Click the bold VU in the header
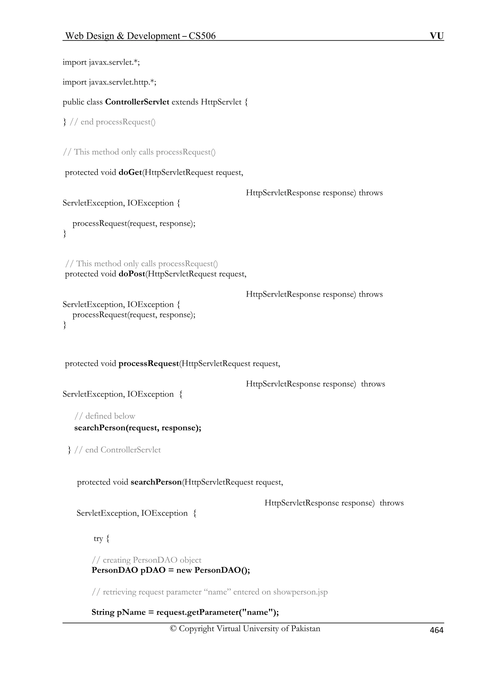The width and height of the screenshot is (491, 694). (x=437, y=36)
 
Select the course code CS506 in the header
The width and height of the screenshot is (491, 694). (x=202, y=36)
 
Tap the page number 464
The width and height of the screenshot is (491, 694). (x=437, y=630)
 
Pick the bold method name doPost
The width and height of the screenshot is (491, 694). (x=132, y=274)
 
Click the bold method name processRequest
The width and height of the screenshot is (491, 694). (x=149, y=363)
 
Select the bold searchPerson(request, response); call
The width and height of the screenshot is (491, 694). (x=138, y=428)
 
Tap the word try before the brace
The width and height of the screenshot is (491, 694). (x=98, y=538)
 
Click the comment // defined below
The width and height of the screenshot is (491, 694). (x=105, y=416)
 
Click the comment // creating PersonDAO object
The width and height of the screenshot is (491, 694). (x=146, y=560)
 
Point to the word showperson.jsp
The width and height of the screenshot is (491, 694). (x=300, y=592)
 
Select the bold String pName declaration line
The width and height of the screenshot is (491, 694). (x=185, y=612)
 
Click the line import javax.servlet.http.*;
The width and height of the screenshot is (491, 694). (x=110, y=82)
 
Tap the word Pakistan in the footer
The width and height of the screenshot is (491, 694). (x=305, y=628)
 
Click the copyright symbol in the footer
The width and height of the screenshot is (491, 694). (x=173, y=628)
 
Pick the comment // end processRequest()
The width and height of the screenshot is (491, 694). (x=112, y=122)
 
